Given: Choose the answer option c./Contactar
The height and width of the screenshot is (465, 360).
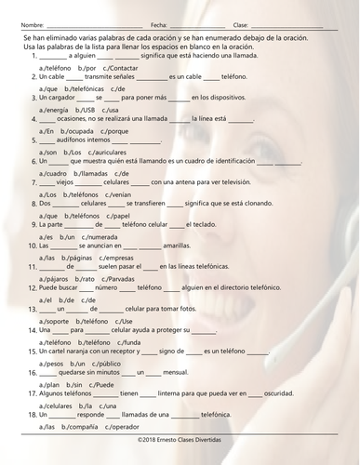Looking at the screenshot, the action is (x=120, y=69).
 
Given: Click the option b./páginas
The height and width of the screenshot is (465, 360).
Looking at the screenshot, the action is (x=81, y=257).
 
